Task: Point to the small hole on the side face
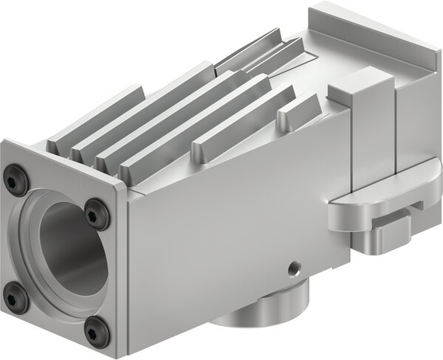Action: pos(295,264)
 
